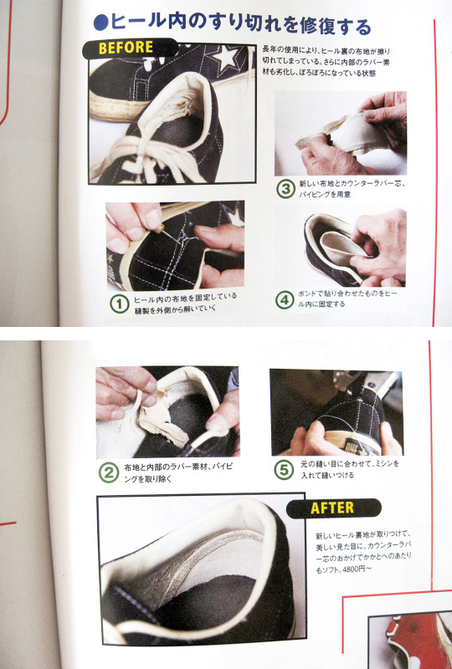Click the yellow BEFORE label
click(x=126, y=48)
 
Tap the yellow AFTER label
click(x=332, y=508)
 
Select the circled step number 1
click(x=119, y=302)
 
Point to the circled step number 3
click(x=286, y=189)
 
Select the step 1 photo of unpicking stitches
click(x=174, y=244)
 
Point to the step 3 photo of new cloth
click(x=340, y=134)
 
